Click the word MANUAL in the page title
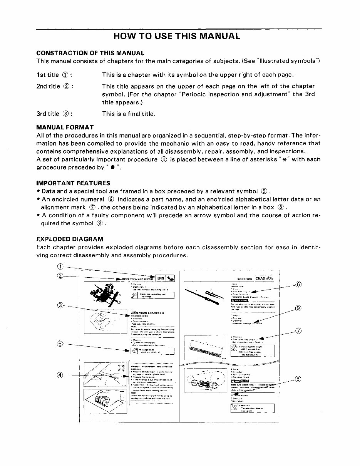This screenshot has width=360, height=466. [x=217, y=36]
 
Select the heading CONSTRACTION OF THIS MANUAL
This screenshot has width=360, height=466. [x=90, y=53]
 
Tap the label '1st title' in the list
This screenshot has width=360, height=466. [x=48, y=74]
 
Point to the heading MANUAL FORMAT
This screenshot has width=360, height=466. [x=65, y=127]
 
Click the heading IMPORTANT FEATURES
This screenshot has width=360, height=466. [x=73, y=183]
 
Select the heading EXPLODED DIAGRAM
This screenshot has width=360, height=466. [x=70, y=239]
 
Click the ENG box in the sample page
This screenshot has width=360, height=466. [x=161, y=278]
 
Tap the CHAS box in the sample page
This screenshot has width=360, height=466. [x=260, y=278]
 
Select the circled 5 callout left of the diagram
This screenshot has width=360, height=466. [x=60, y=344]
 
